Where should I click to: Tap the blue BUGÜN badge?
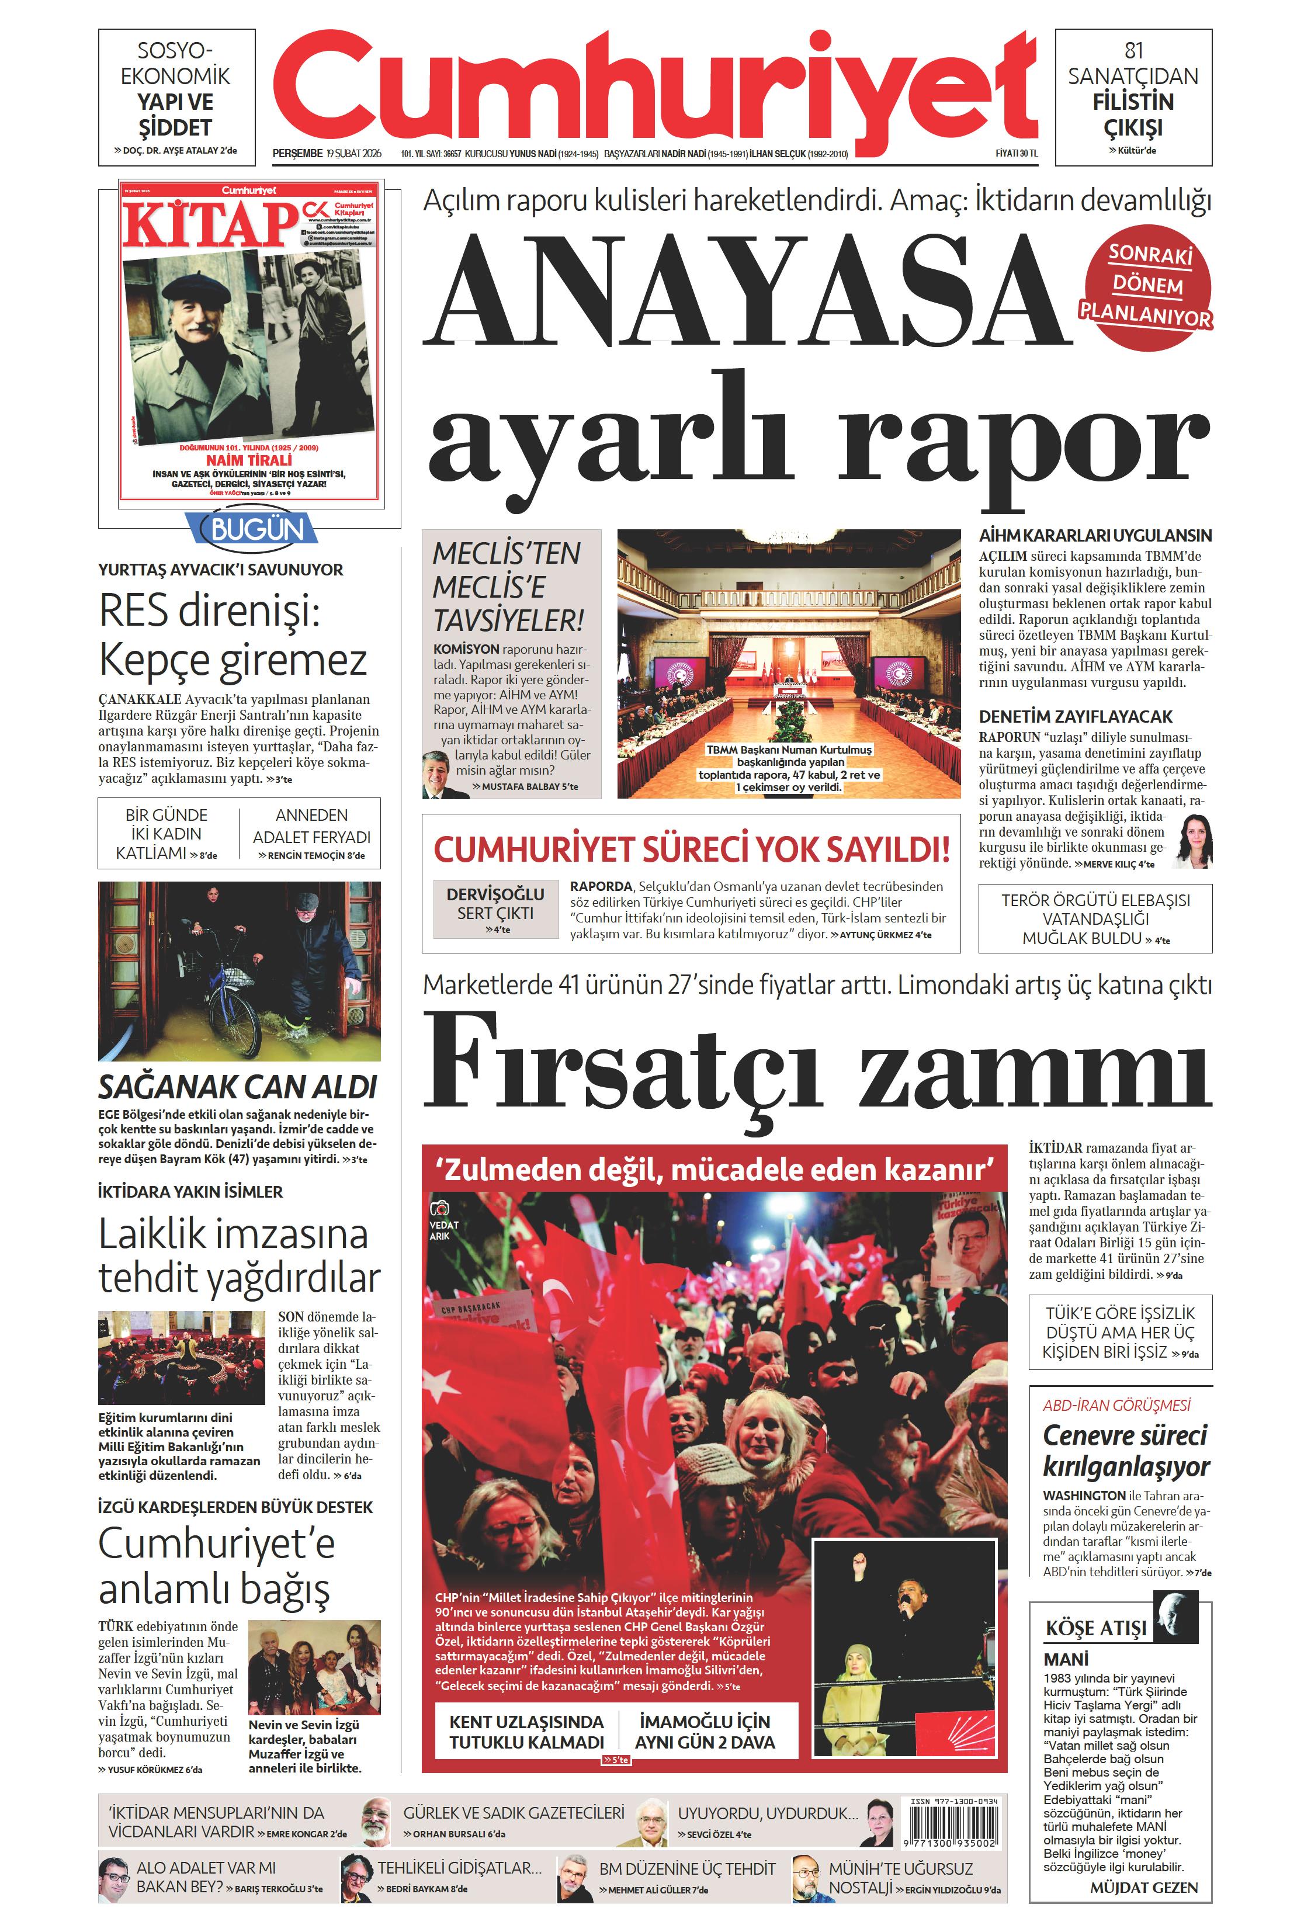[x=257, y=529]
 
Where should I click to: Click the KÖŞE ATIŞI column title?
[x=1095, y=1628]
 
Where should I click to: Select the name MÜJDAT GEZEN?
[x=1143, y=1887]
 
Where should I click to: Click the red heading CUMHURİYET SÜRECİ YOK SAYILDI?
[x=691, y=849]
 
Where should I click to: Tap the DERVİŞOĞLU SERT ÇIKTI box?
[x=495, y=908]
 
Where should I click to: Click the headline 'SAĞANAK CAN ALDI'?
[x=238, y=1087]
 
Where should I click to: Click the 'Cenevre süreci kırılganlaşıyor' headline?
[x=1126, y=1450]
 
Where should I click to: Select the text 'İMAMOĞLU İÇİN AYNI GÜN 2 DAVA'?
[x=705, y=1732]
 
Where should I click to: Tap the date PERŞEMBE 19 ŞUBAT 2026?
[x=327, y=153]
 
